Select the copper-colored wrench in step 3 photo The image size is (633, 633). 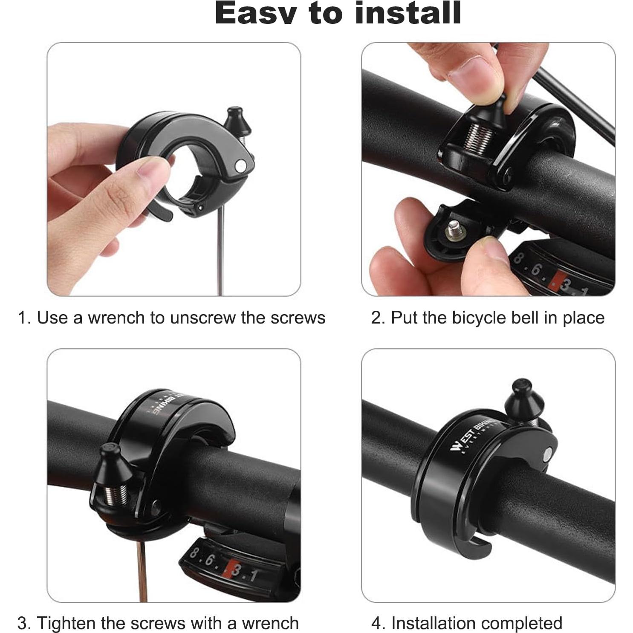click(142, 571)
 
